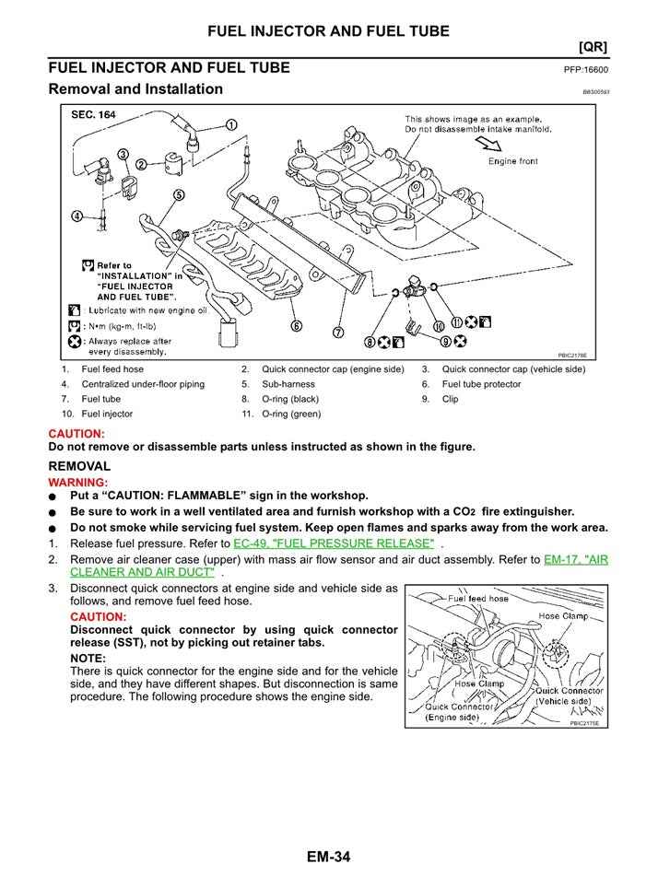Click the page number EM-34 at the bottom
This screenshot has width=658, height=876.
pos(328,858)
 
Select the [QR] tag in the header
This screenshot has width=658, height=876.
pos(592,46)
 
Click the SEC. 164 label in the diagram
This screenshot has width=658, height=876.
pos(94,115)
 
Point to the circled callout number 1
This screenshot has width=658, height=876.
pos(231,125)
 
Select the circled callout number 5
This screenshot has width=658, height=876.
pos(178,195)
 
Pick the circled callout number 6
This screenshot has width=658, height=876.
pos(296,325)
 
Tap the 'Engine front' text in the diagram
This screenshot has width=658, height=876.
pos(513,161)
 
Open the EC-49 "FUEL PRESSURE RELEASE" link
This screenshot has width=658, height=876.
pos(334,543)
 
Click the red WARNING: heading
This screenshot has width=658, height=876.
pos(77,482)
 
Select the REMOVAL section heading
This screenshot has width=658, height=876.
pos(79,467)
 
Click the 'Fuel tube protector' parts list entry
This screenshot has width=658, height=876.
pos(481,384)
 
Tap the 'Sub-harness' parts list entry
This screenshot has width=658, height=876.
pos(288,384)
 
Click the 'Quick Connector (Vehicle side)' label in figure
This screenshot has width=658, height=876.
pos(569,695)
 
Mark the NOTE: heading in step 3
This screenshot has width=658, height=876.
pos(88,658)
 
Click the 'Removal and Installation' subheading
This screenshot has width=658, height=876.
pos(135,89)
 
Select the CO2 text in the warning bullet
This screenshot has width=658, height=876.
pos(494,511)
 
